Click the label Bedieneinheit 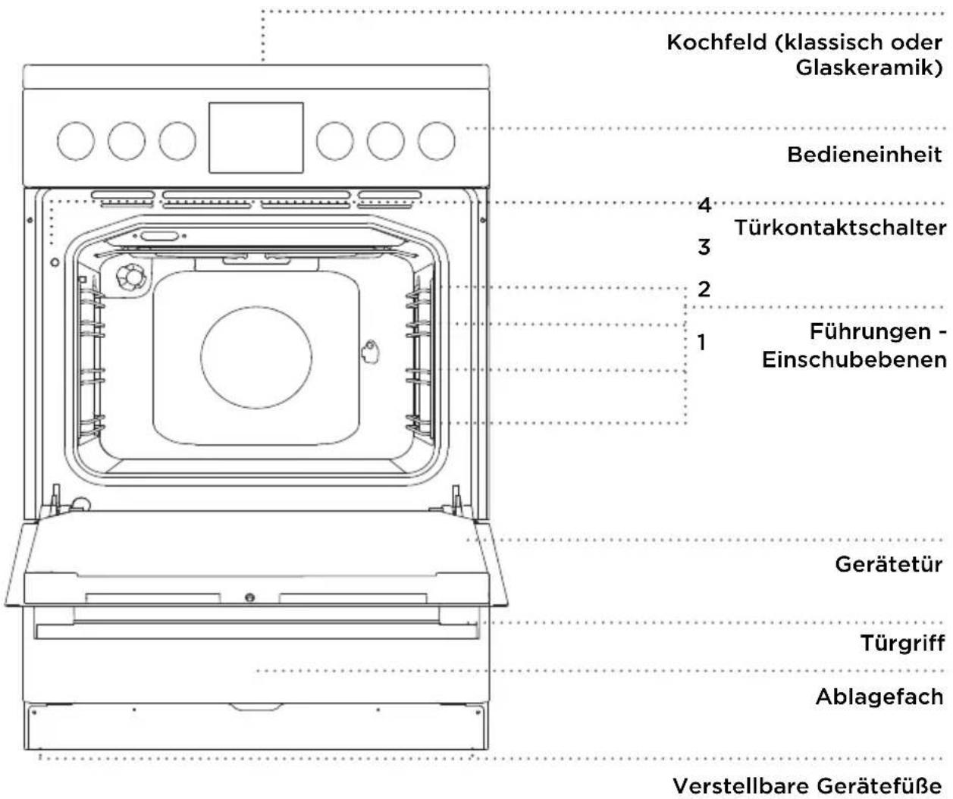tap(864, 155)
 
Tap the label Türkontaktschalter tap(840, 227)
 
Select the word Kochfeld tap(716, 42)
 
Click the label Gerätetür tap(889, 565)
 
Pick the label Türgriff tap(902, 644)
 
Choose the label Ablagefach tap(879, 697)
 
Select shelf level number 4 tap(704, 205)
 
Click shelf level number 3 tap(704, 247)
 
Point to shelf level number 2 tap(704, 290)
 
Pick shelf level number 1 tap(702, 342)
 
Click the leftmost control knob tap(76, 141)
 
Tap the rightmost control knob tap(437, 141)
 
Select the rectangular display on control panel tap(256, 138)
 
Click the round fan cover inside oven tap(256, 357)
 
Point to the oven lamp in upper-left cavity tap(133, 277)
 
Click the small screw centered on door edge tap(249, 597)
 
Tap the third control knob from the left tap(177, 141)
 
